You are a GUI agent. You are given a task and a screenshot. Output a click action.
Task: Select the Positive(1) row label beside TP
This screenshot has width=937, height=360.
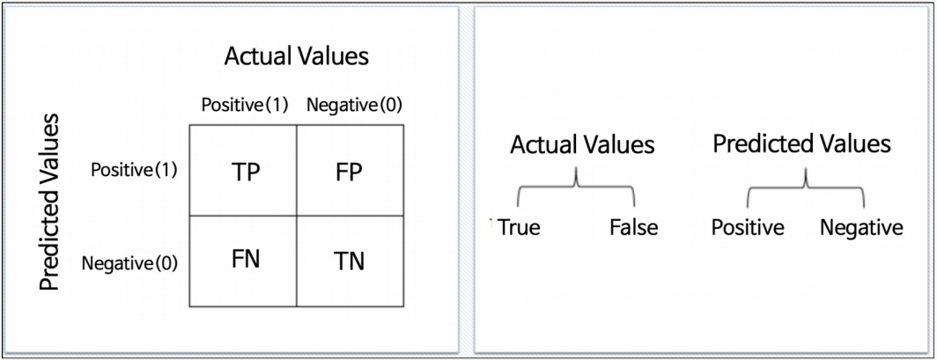pyautogui.click(x=134, y=169)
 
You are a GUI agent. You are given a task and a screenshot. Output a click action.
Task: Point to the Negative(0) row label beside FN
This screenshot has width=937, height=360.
pyautogui.click(x=129, y=261)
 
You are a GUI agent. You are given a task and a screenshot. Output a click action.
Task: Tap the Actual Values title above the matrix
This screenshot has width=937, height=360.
pyautogui.click(x=296, y=57)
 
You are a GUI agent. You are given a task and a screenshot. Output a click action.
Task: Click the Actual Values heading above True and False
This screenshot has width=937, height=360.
pyautogui.click(x=582, y=143)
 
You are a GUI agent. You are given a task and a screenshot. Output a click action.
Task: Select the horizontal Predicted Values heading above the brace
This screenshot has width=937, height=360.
pyautogui.click(x=801, y=143)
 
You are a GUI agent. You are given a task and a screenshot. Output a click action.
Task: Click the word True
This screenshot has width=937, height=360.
pyautogui.click(x=519, y=228)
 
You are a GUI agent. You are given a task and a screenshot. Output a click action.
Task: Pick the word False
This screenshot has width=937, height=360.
pyautogui.click(x=633, y=228)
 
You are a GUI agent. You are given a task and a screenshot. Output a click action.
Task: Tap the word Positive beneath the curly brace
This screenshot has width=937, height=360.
pyautogui.click(x=748, y=228)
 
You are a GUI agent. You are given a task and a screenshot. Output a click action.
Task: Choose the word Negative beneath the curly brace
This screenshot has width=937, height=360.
pyautogui.click(x=861, y=228)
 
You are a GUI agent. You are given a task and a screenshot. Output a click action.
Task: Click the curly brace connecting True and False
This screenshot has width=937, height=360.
pyautogui.click(x=576, y=186)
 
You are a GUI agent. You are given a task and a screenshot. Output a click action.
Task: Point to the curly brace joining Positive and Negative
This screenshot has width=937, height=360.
pyautogui.click(x=805, y=186)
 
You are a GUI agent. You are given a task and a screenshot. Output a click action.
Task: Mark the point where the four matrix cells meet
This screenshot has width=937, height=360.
pyautogui.click(x=296, y=215)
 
